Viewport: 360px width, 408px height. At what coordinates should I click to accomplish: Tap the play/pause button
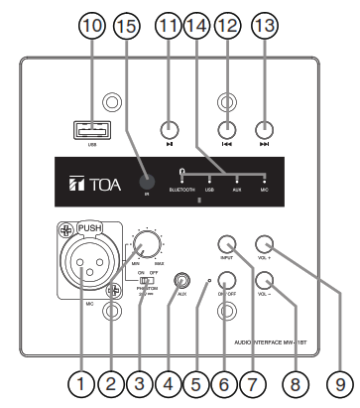tap(170, 129)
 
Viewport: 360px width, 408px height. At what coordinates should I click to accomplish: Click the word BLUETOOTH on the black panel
tap(181, 188)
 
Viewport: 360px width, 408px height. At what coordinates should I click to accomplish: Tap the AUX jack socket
tap(181, 283)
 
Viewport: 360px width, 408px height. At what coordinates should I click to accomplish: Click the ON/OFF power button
tap(226, 283)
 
